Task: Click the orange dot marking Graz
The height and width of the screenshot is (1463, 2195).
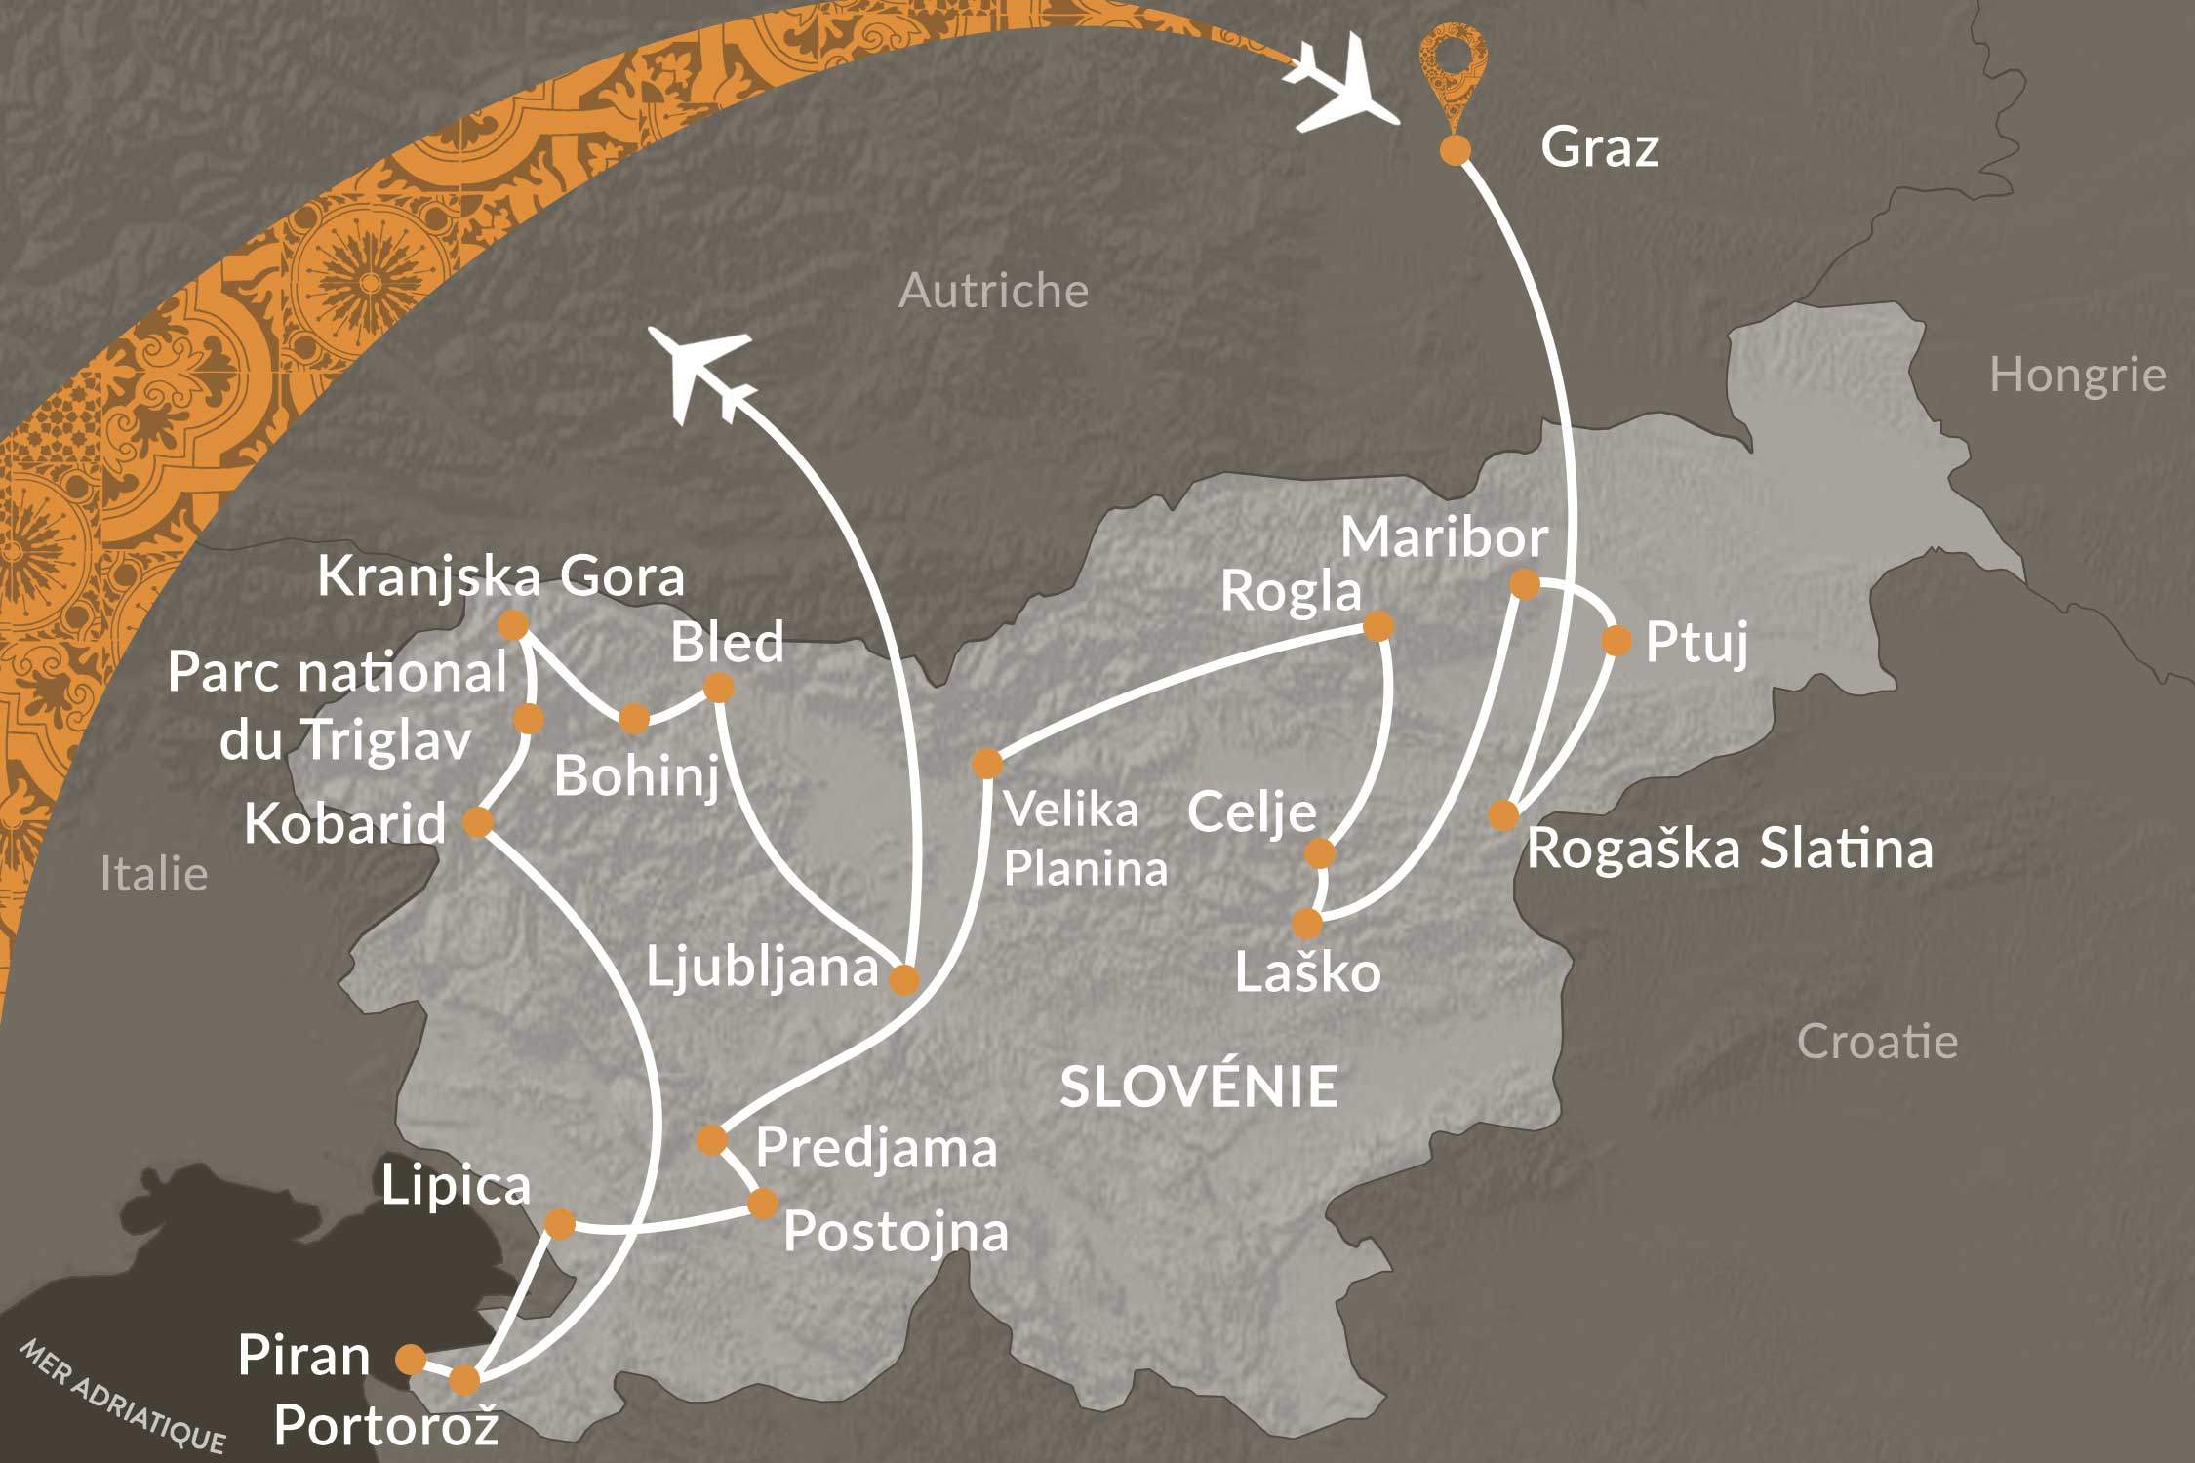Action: (x=1455, y=150)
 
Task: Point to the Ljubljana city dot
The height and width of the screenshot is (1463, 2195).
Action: (x=904, y=979)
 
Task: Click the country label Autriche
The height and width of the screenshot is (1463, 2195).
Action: (x=993, y=291)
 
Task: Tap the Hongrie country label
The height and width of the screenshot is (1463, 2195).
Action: (x=2077, y=376)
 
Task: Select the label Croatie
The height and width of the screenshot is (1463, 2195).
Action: (x=1877, y=1042)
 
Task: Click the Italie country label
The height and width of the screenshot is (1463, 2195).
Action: (x=154, y=874)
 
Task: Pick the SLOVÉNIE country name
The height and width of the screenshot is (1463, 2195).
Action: (x=1198, y=1087)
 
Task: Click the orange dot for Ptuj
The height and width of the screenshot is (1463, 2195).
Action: (x=1616, y=641)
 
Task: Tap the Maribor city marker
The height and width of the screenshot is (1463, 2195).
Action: (x=1525, y=584)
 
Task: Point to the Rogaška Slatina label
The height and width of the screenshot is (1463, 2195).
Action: (x=1729, y=849)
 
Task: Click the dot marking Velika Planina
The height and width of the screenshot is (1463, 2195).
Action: (x=986, y=763)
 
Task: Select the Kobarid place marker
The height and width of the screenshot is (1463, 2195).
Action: (x=477, y=822)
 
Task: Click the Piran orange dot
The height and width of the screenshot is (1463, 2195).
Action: (x=411, y=1358)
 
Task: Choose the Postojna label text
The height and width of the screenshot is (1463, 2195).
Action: (x=896, y=1232)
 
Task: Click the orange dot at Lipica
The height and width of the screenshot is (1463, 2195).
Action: (x=559, y=1223)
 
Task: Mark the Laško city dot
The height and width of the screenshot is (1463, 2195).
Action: (x=1307, y=923)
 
